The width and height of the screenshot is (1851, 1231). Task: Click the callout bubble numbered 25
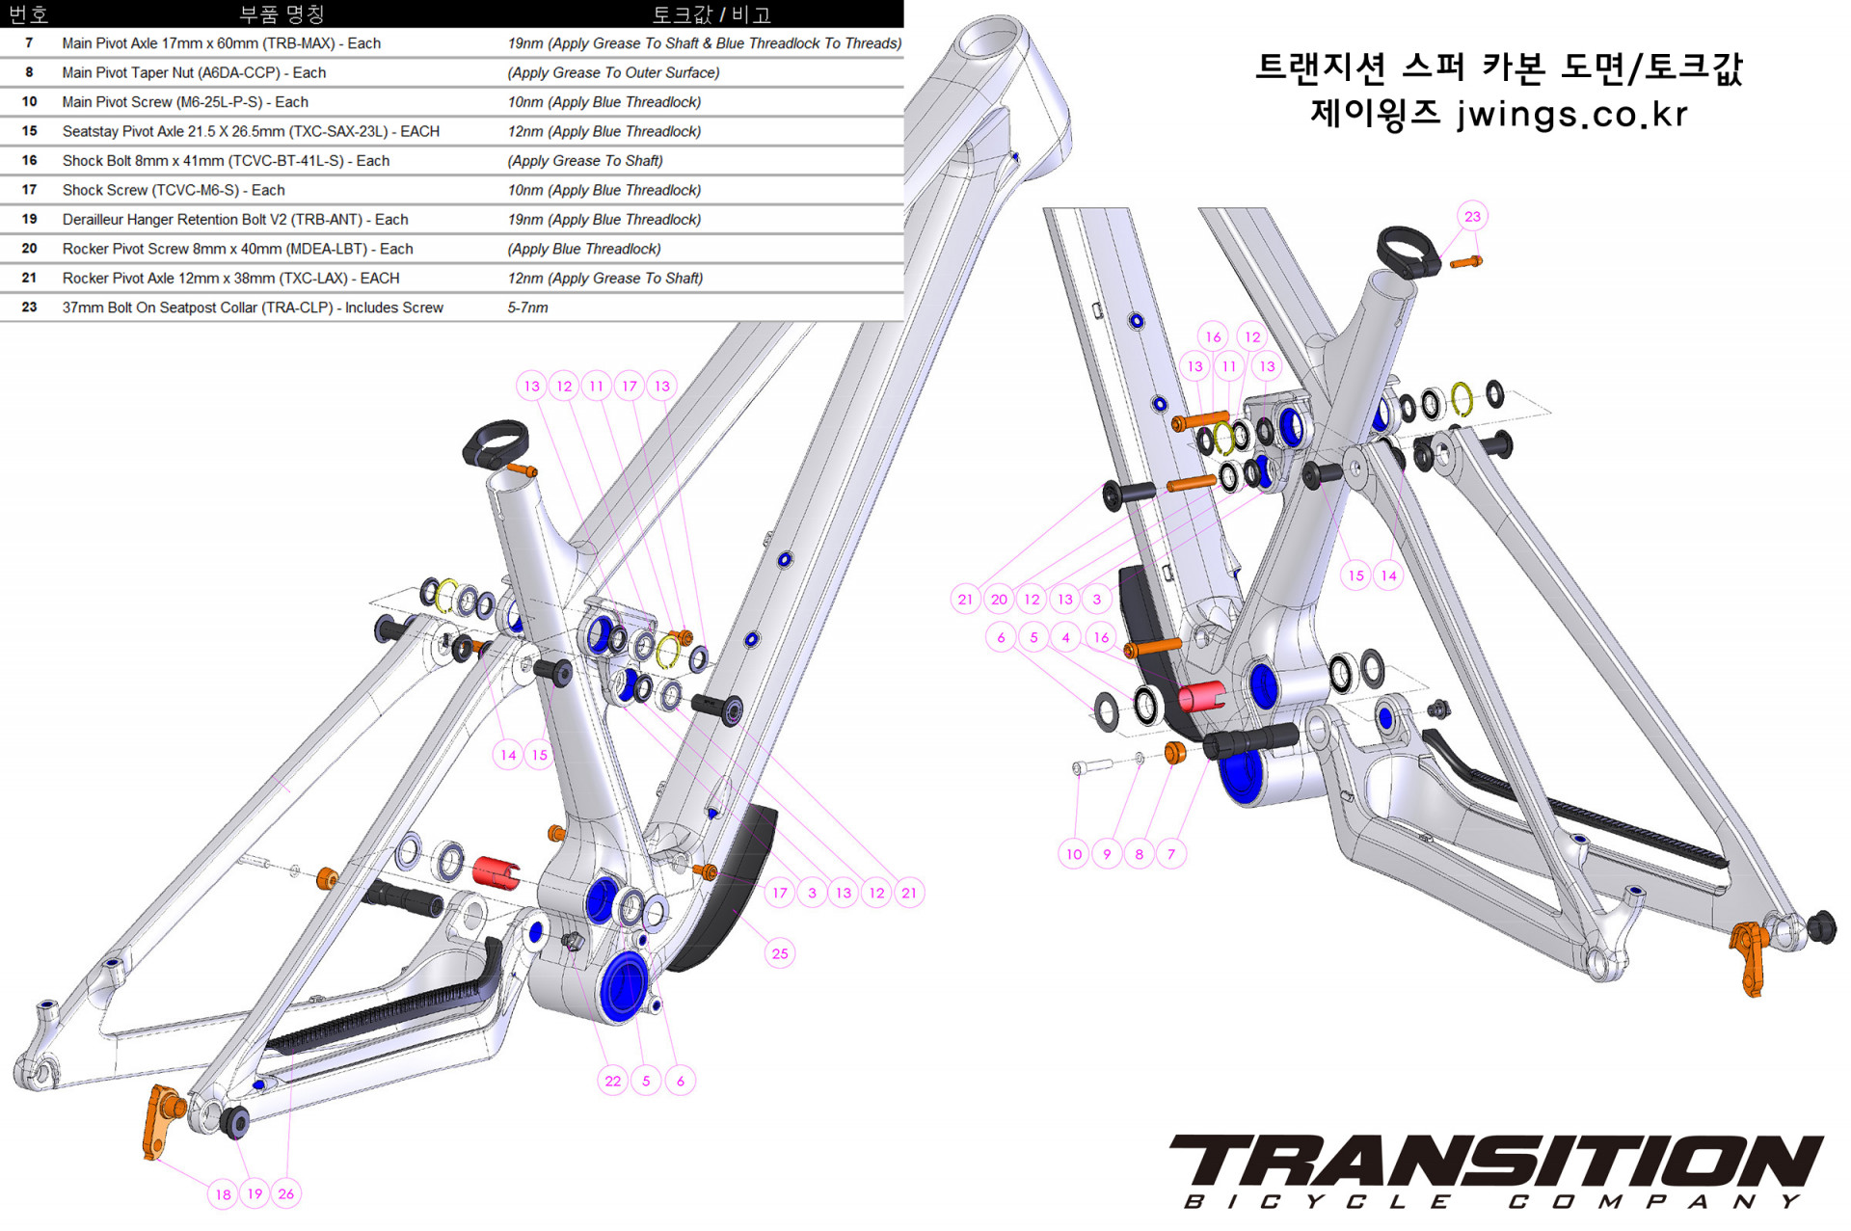click(779, 953)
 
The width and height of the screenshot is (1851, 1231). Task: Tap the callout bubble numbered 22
click(613, 1081)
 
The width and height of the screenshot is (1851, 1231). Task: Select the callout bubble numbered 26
click(286, 1193)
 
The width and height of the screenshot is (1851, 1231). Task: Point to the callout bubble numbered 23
click(1472, 216)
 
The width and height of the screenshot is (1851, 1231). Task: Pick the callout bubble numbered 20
click(999, 599)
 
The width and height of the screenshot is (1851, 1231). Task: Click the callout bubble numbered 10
click(1074, 854)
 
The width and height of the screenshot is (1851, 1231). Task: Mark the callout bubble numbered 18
click(223, 1194)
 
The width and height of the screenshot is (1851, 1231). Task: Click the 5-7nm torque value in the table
click(527, 308)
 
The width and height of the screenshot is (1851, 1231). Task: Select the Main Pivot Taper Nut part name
click(194, 72)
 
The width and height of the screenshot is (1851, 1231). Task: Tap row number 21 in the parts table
click(29, 278)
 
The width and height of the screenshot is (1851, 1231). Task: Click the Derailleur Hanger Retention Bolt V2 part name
click(235, 219)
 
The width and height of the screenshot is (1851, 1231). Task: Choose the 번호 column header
click(28, 13)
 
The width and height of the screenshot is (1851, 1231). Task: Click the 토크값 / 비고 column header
click(711, 13)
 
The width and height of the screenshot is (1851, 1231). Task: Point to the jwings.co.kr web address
click(1571, 114)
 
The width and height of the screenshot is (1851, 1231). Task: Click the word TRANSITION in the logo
click(1494, 1161)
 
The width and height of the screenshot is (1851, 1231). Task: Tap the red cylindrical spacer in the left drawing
click(496, 871)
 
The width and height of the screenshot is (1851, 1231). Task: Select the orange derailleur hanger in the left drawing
click(160, 1118)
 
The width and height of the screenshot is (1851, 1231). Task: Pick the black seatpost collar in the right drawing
click(1408, 251)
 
